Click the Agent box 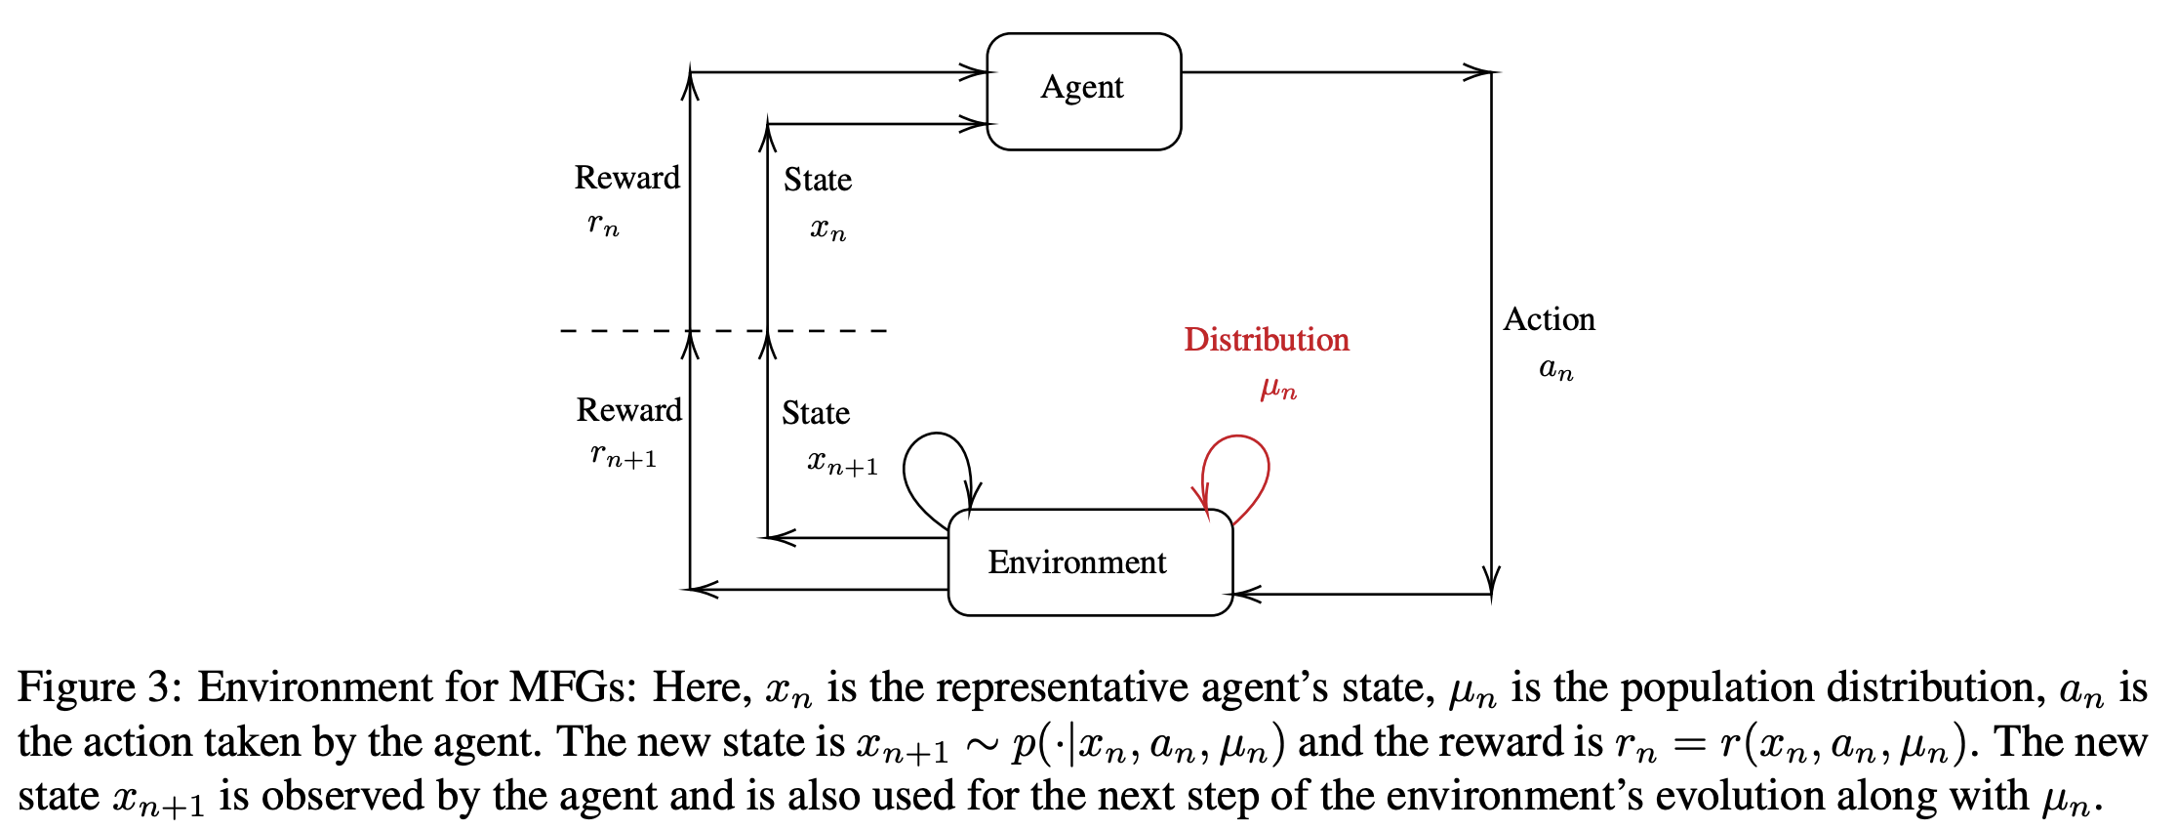(1083, 91)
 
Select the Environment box (1089, 562)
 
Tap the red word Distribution (1266, 340)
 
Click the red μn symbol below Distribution (1277, 389)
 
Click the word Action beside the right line (1549, 319)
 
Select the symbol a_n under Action (1555, 369)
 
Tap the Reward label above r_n (626, 178)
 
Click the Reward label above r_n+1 (628, 410)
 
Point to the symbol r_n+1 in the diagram (624, 455)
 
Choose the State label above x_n (817, 180)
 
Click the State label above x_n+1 (815, 413)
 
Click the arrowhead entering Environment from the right (1244, 594)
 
